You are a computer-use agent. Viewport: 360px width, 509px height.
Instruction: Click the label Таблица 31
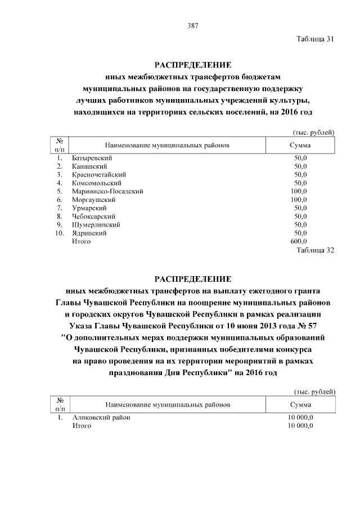(315, 39)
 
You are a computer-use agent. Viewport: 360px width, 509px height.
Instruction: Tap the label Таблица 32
(315, 250)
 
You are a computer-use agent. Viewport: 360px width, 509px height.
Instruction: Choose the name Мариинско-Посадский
(107, 191)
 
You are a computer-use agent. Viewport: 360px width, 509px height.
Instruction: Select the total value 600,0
(298, 241)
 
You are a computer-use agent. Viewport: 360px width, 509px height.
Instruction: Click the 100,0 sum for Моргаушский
(298, 200)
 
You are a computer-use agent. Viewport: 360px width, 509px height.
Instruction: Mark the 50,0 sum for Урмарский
(300, 208)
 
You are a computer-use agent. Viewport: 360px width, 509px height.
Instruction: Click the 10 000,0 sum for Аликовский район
(300, 418)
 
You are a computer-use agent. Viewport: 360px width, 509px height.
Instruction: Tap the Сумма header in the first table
(300, 145)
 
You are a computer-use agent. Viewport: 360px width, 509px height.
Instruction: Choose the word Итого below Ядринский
(81, 241)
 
